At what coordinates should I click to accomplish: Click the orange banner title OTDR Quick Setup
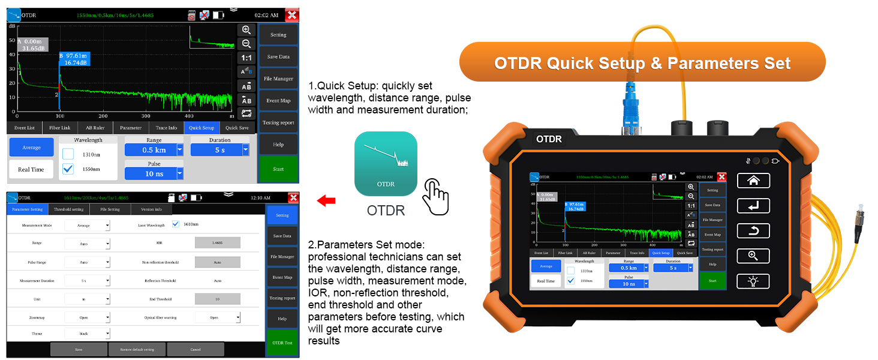(642, 62)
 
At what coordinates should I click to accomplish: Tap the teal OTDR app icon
(386, 163)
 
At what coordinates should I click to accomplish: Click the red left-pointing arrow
(326, 200)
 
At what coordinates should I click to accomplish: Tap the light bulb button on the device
(753, 281)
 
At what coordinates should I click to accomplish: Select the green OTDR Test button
(282, 343)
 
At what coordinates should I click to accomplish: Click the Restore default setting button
(137, 349)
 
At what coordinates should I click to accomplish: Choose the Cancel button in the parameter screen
(195, 349)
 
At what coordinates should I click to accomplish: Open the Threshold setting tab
(69, 209)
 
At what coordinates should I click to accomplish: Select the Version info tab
(151, 209)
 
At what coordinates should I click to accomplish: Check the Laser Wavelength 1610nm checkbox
(176, 224)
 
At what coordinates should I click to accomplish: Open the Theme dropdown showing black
(88, 333)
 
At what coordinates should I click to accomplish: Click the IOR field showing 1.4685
(217, 243)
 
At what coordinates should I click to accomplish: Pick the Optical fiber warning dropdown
(217, 317)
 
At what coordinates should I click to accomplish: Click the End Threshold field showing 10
(217, 299)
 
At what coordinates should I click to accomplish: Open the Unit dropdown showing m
(88, 299)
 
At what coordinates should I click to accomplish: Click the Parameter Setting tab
(28, 209)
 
